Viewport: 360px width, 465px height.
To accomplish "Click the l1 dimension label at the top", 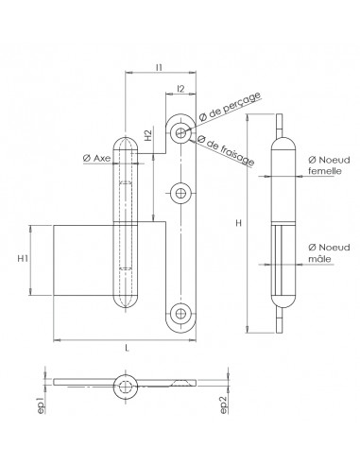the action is pyautogui.click(x=159, y=67).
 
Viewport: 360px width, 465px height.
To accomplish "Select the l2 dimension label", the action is pyautogui.click(x=180, y=89).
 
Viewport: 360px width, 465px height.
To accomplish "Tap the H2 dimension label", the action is pyautogui.click(x=148, y=135).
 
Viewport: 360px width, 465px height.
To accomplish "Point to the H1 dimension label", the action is pyautogui.click(x=23, y=259).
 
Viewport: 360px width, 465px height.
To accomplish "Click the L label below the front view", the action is pyautogui.click(x=127, y=348).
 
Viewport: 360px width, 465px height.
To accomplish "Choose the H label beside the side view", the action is pyautogui.click(x=239, y=223).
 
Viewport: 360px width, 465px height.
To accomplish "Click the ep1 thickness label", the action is pyautogui.click(x=41, y=405).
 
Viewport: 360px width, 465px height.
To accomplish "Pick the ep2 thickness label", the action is pyautogui.click(x=224, y=405).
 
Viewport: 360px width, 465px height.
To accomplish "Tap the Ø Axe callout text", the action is pyautogui.click(x=97, y=158).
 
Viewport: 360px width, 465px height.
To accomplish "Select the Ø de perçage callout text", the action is pyautogui.click(x=230, y=107).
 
